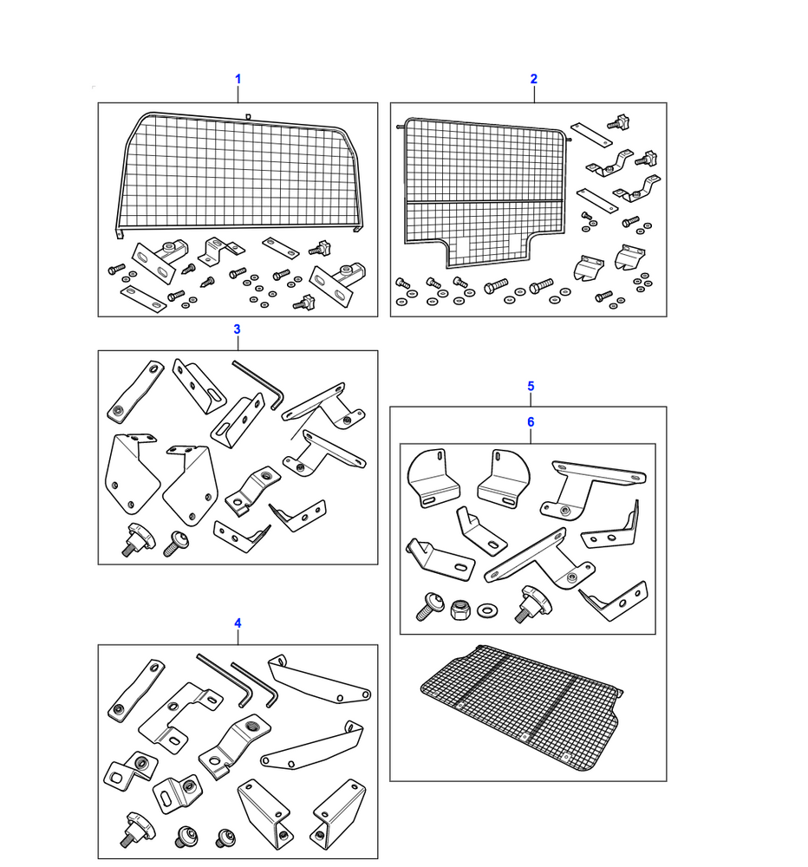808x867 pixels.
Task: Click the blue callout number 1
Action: (x=238, y=79)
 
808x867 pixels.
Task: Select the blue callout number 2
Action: (x=534, y=79)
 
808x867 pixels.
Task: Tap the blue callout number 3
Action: (x=237, y=329)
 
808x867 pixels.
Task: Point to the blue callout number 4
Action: (x=238, y=623)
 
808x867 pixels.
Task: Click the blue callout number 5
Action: (x=531, y=386)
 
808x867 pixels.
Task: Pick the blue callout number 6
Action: (x=531, y=422)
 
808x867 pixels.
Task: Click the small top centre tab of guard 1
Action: (x=248, y=114)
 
